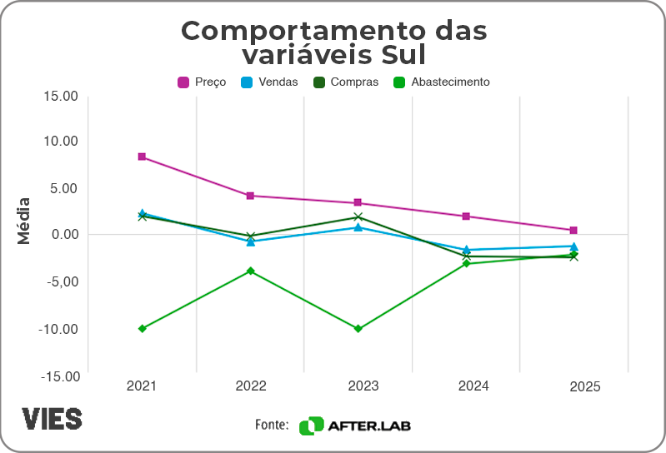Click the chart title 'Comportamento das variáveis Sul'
tap(333, 42)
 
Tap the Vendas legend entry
tap(269, 82)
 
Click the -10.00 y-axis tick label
tap(58, 329)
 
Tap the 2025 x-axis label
tap(584, 387)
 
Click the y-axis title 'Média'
tap(24, 220)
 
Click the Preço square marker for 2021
tap(142, 157)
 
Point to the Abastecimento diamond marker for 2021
tap(142, 328)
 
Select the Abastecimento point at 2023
tap(358, 329)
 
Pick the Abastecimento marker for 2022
tap(250, 271)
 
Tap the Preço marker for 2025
tap(573, 230)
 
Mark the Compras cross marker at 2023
tap(358, 217)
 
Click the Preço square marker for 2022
tap(250, 196)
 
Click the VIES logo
tap(53, 418)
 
